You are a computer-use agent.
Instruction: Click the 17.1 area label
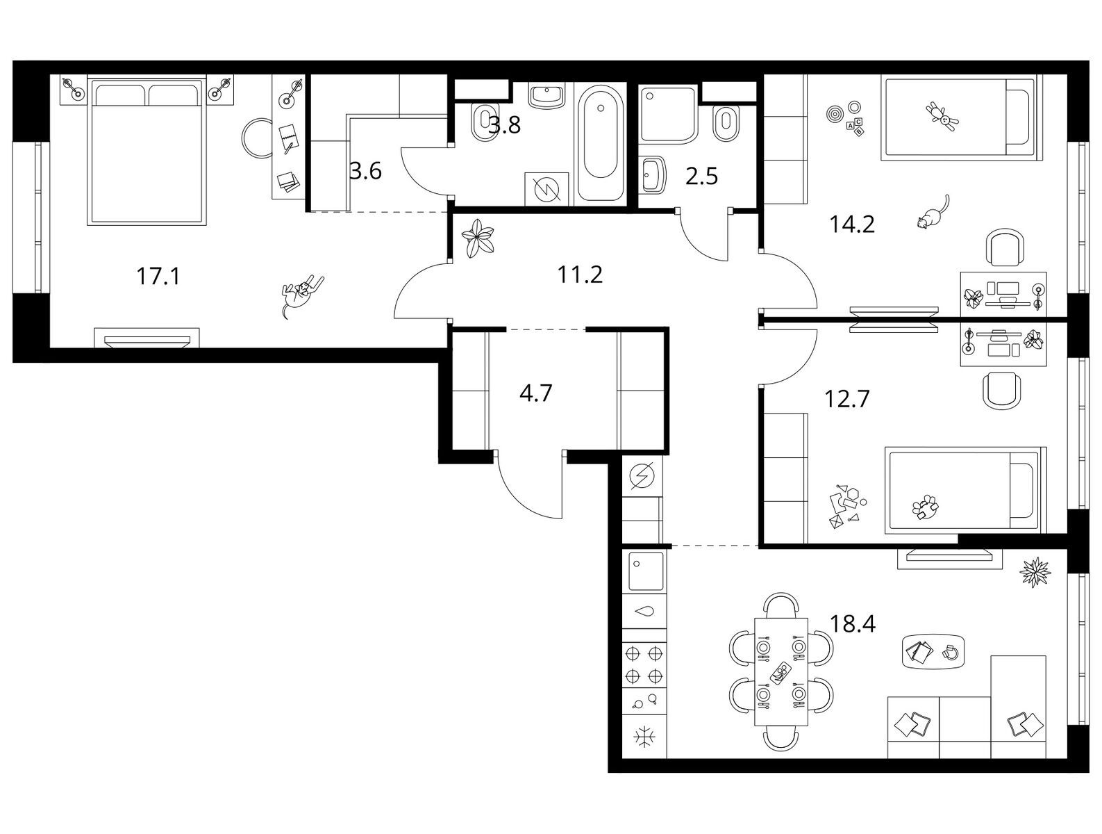point(158,277)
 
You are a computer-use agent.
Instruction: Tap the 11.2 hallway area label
point(580,275)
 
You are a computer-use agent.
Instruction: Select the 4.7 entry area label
point(535,393)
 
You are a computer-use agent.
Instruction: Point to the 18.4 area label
point(853,624)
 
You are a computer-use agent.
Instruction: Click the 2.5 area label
point(701,177)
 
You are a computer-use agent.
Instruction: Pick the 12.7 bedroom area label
point(847,399)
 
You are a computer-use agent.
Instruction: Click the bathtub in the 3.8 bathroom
point(601,143)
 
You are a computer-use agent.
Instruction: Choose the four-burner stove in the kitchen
point(644,664)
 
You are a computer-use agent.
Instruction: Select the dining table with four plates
point(781,671)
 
